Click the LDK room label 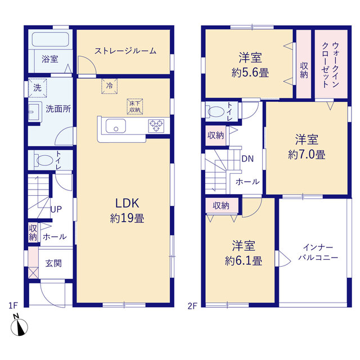pos(127,203)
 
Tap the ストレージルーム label pos(125,51)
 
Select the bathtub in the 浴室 pos(50,39)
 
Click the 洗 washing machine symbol pos(38,88)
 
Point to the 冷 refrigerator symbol pos(110,86)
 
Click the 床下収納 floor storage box pos(135,106)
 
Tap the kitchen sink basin pos(116,125)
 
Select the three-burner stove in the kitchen pos(156,125)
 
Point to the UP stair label pos(56,209)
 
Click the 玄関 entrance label pos(53,263)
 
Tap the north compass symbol pos(19,326)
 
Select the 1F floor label pos(13,305)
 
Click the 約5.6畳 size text pos(250,73)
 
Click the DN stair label pos(247,159)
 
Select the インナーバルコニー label pos(318,252)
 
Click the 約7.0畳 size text pos(307,155)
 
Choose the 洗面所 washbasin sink pos(34,112)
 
